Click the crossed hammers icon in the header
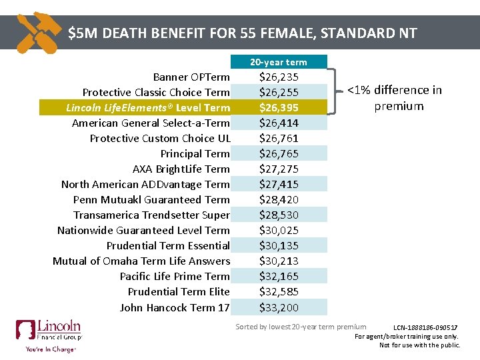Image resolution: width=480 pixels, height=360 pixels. click(x=39, y=33)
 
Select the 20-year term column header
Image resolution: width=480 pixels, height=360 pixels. click(x=279, y=62)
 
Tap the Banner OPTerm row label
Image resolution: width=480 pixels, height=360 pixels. click(x=191, y=77)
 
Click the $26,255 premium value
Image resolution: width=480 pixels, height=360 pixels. click(x=279, y=92)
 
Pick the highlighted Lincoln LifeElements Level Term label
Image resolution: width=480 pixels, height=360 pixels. click(x=148, y=107)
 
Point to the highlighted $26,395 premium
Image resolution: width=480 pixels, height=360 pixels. click(x=279, y=107)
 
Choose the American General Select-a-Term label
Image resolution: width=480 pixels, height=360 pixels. click(x=151, y=123)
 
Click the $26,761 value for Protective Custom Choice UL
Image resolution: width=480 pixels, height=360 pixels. click(x=279, y=138)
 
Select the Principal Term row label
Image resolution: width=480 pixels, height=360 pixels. click(x=195, y=153)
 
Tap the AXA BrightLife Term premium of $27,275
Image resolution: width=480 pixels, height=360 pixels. click(x=279, y=169)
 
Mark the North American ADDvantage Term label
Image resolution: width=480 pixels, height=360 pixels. click(x=145, y=184)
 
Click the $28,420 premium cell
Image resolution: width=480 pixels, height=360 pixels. click(x=279, y=199)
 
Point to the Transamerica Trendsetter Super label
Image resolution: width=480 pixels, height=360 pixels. click(x=151, y=215)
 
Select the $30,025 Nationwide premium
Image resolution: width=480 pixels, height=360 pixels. click(x=279, y=230)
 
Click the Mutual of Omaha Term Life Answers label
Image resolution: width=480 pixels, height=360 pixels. click(x=141, y=261)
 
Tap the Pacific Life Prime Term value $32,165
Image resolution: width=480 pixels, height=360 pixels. click(x=279, y=276)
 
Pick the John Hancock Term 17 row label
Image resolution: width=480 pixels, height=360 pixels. click(x=175, y=307)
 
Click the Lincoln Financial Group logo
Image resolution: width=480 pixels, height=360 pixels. click(x=49, y=336)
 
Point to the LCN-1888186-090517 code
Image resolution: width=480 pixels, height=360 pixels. click(x=425, y=327)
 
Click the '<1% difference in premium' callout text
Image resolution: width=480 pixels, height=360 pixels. click(x=395, y=98)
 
